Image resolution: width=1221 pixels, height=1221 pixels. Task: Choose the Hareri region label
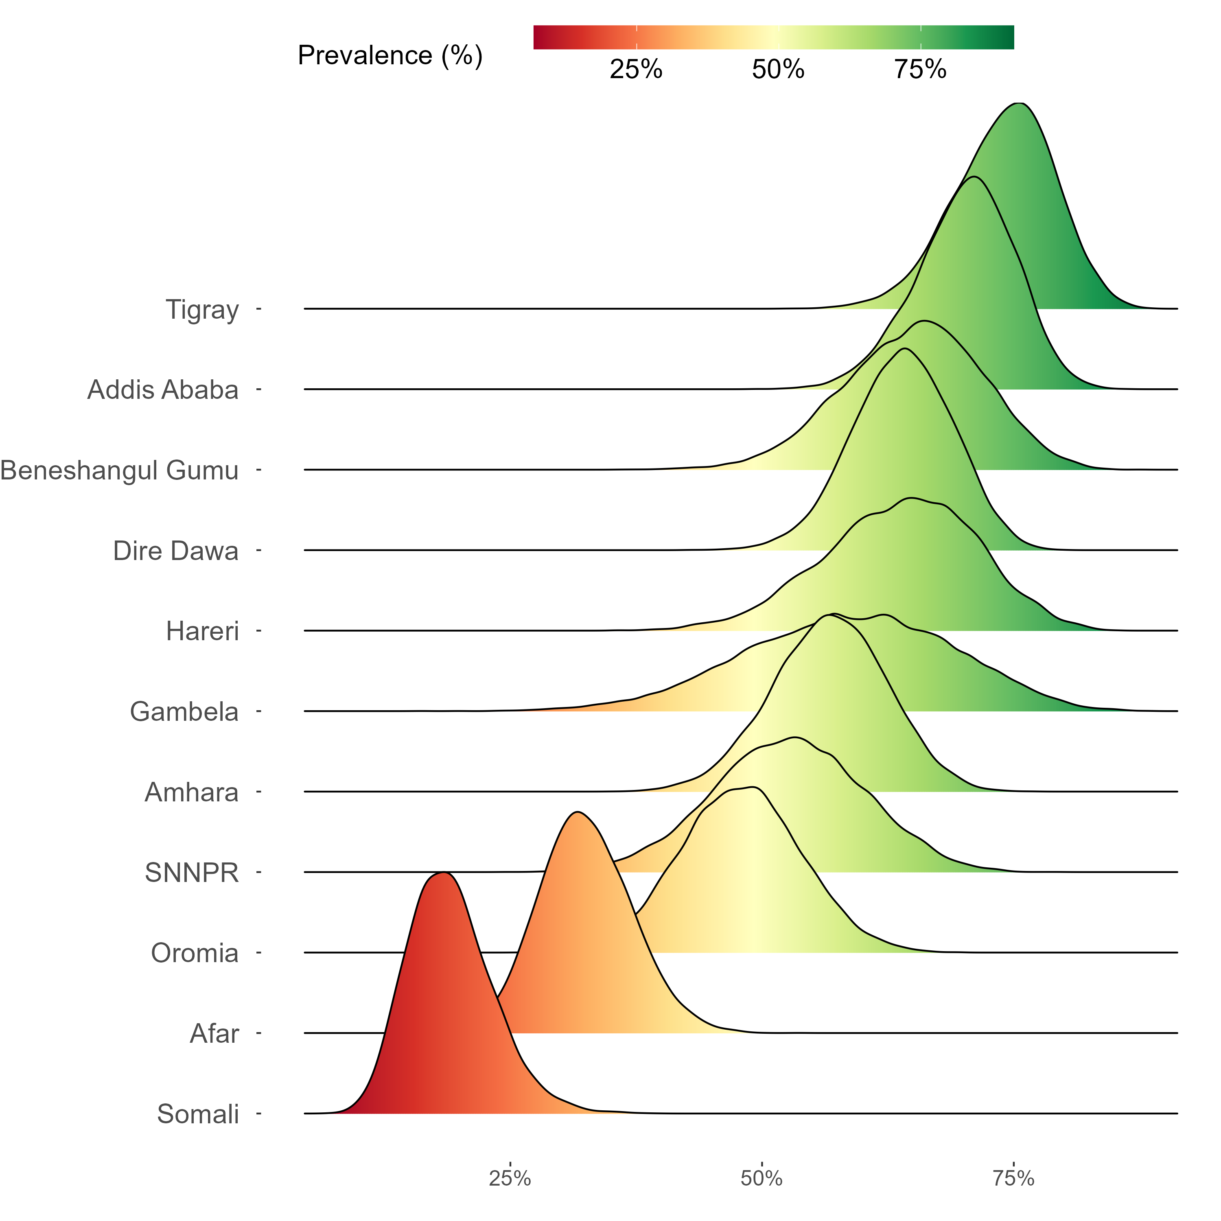click(202, 631)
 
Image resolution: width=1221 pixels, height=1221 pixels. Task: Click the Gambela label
click(184, 711)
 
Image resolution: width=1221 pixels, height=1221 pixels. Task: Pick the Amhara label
click(191, 792)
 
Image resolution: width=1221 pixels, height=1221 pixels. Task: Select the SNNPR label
click(191, 873)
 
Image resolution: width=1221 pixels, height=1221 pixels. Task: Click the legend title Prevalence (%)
click(390, 56)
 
